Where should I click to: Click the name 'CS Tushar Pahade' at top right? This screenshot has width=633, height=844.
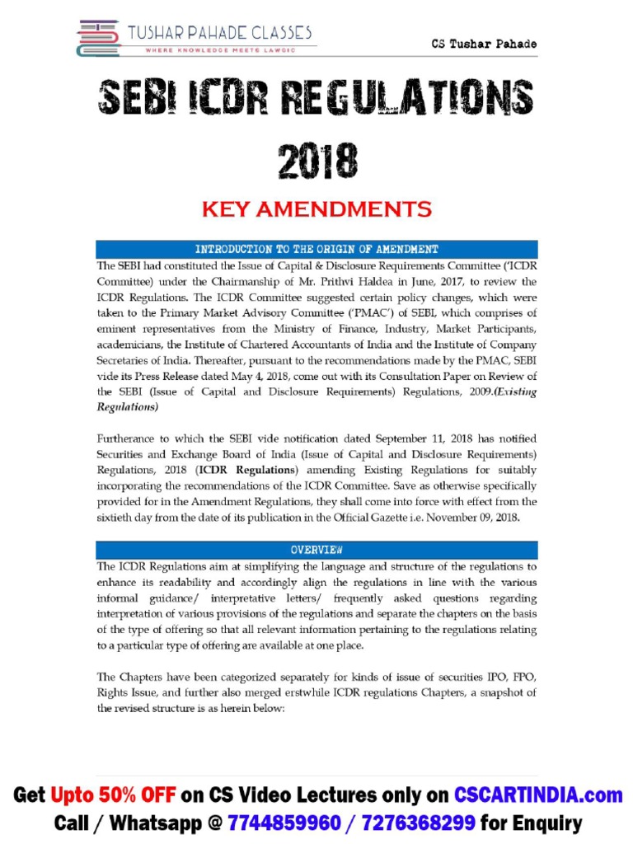[485, 44]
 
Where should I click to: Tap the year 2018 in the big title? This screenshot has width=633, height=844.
[317, 161]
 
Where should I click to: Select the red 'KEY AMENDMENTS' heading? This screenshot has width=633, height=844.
[317, 209]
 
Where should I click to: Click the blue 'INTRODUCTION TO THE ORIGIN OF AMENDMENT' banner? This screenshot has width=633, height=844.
[316, 249]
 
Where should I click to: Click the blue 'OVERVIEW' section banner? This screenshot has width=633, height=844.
[316, 550]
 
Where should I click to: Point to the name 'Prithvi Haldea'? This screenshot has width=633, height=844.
[306, 281]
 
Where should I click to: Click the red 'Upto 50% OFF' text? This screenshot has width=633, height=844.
[114, 795]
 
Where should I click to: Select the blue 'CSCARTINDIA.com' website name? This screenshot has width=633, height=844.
[538, 795]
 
